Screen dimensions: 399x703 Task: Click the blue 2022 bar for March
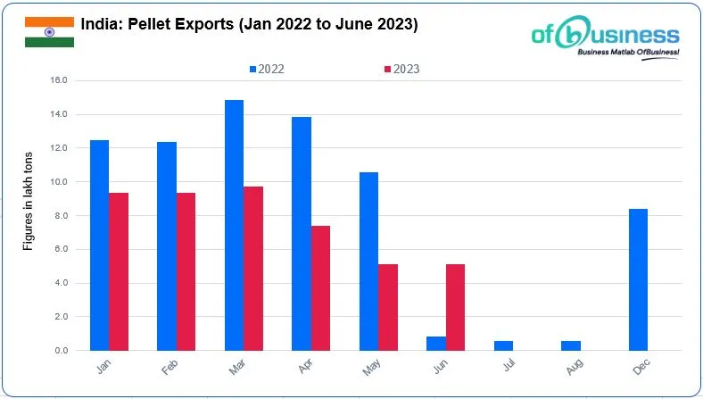234,225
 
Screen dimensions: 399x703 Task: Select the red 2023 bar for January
119,271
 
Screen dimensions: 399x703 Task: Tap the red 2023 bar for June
455,307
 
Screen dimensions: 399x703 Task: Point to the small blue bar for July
503,345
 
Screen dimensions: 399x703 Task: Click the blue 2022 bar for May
368,261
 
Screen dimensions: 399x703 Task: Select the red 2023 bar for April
320,287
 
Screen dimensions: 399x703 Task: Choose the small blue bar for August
571,345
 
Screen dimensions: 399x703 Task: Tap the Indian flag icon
49,31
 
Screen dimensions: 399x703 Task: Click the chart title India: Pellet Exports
249,24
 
